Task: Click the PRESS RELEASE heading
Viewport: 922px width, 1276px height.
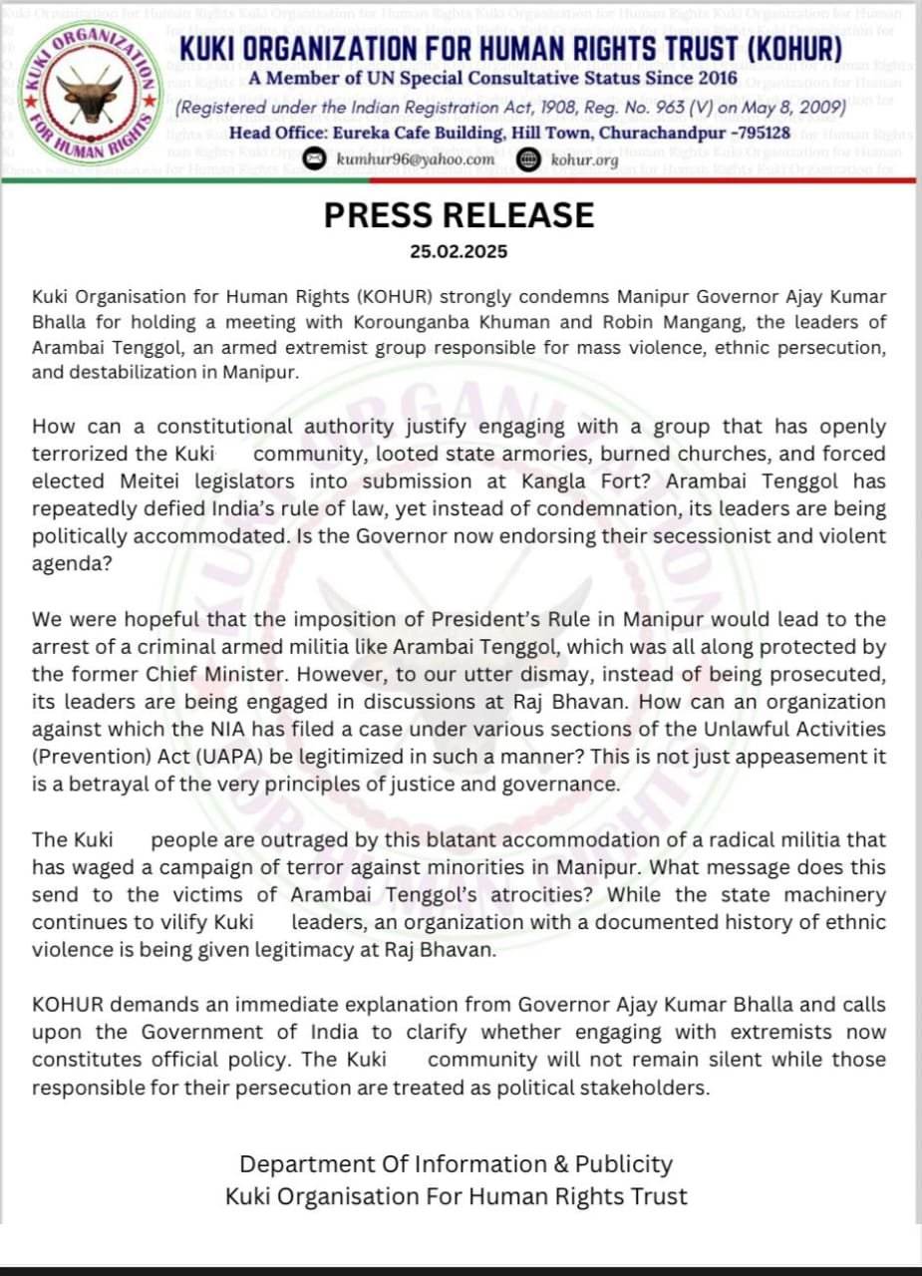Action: [459, 215]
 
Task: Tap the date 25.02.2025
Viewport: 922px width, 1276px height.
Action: [459, 251]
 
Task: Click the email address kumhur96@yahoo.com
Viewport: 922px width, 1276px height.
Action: [415, 159]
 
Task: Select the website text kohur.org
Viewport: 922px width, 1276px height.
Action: [585, 159]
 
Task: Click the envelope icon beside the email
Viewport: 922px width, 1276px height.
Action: [314, 159]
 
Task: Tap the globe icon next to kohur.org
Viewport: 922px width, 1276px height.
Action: [529, 159]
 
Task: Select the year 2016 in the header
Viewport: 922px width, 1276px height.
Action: [716, 77]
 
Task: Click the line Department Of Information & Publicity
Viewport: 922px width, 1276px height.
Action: [457, 1163]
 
